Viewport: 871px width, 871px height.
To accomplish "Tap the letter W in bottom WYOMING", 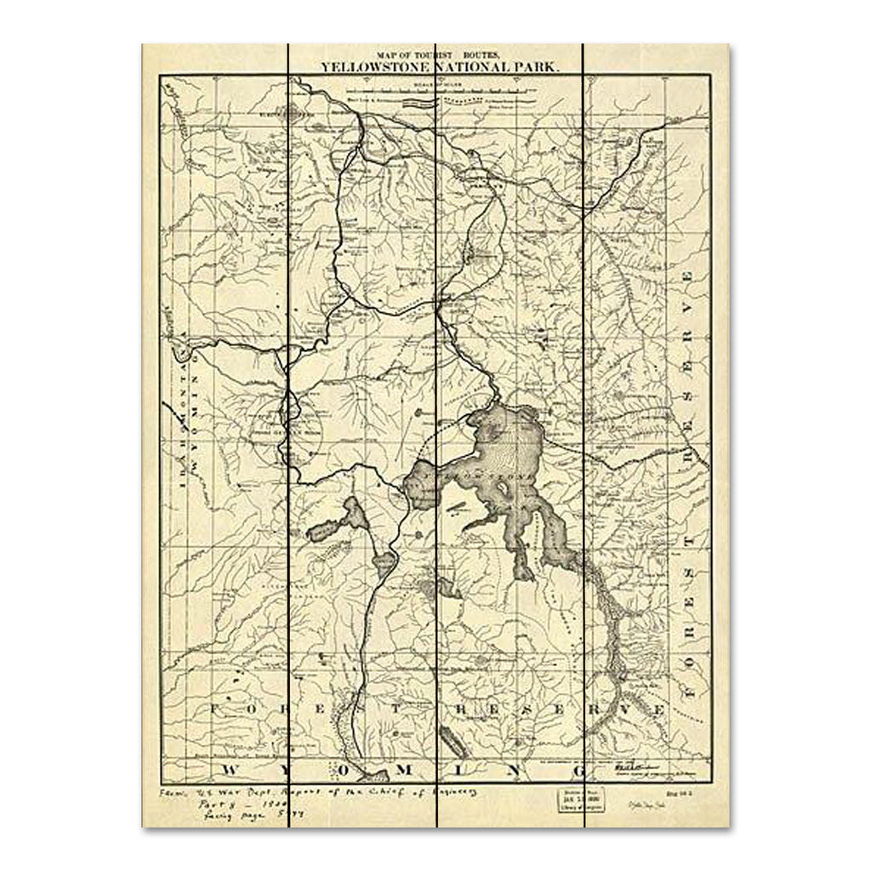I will pyautogui.click(x=230, y=770).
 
